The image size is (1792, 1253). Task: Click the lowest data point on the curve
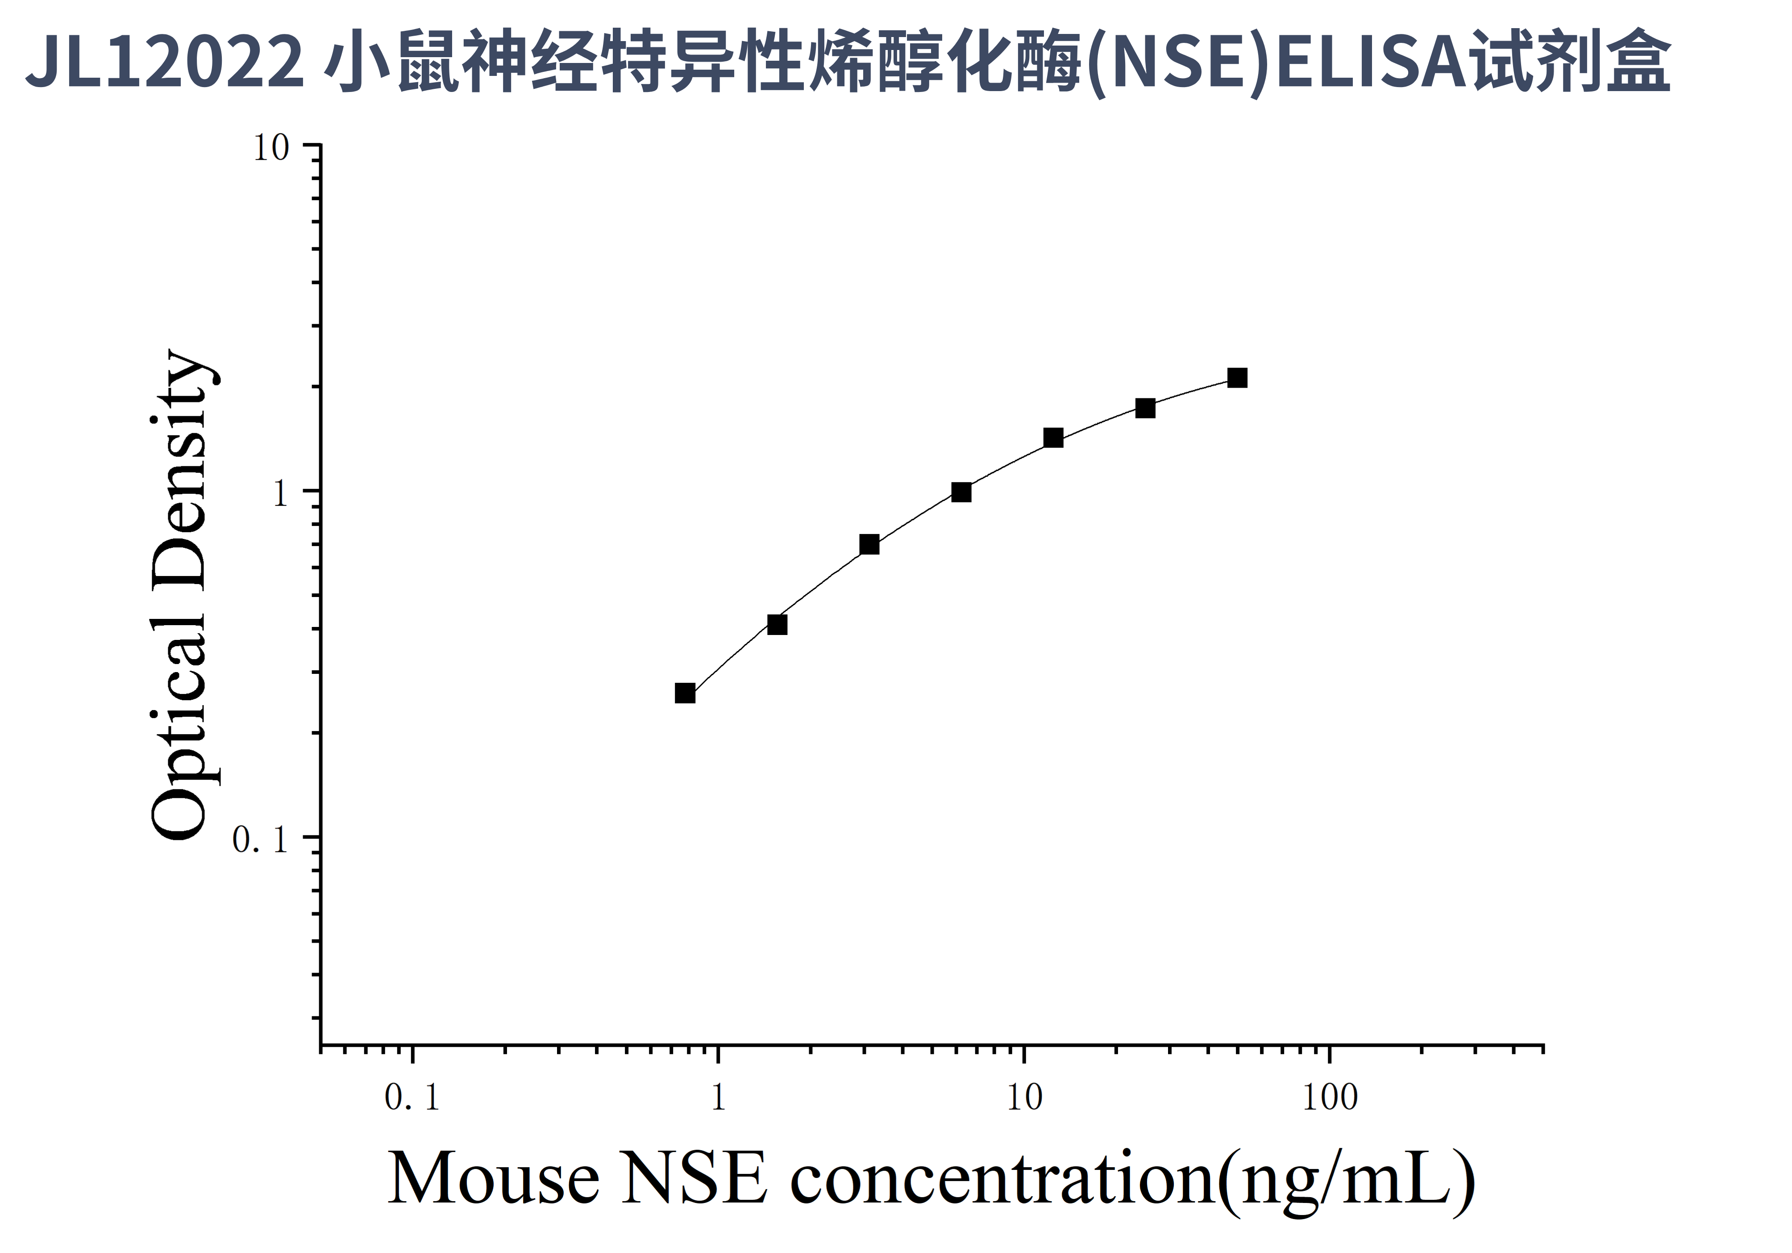[x=685, y=693]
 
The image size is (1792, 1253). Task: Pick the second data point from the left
[x=778, y=625]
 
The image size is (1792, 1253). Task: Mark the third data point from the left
[x=869, y=545]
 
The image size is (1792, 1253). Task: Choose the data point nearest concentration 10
[x=1054, y=438]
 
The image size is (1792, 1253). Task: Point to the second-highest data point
[x=1145, y=408]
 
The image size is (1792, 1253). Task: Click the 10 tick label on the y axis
[x=271, y=148]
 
